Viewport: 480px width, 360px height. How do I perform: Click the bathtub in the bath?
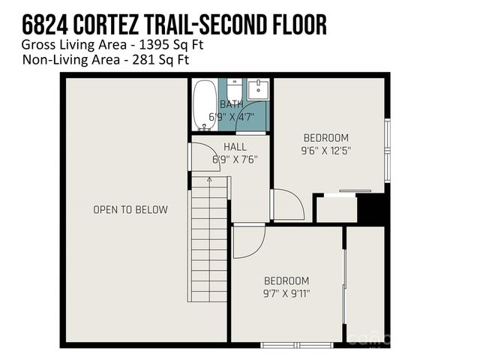pyautogui.click(x=202, y=105)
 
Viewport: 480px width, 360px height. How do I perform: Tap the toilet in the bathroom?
pyautogui.click(x=234, y=91)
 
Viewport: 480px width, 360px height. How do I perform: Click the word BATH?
pyautogui.click(x=230, y=105)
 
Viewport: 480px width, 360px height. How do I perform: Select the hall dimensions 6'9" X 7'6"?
pyautogui.click(x=230, y=159)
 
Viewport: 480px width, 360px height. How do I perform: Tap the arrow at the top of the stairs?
pyautogui.click(x=209, y=180)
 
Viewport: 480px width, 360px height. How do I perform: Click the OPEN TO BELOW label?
pyautogui.click(x=130, y=210)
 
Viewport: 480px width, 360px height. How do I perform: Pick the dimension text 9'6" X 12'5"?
pyautogui.click(x=326, y=150)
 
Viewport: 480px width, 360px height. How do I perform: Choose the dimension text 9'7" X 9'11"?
pyautogui.click(x=287, y=293)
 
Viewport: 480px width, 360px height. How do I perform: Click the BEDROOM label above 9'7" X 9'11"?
pyautogui.click(x=286, y=280)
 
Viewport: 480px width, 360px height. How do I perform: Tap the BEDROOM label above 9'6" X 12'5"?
pyautogui.click(x=326, y=137)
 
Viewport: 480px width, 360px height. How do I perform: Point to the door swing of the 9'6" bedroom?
pyautogui.click(x=286, y=204)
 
